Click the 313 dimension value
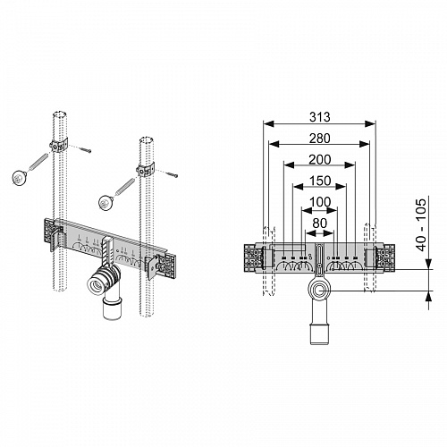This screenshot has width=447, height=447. (319, 117)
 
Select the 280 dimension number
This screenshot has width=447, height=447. (319, 139)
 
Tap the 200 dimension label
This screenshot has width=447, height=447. (319, 160)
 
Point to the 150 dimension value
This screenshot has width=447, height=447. (320, 181)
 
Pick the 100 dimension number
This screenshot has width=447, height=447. (320, 202)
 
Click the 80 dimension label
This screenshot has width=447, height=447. (320, 223)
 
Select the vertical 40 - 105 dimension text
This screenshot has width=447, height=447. (422, 225)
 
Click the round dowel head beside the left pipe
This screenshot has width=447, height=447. (20, 177)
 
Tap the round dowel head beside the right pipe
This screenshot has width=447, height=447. (105, 202)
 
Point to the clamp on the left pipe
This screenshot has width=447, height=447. (58, 146)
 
